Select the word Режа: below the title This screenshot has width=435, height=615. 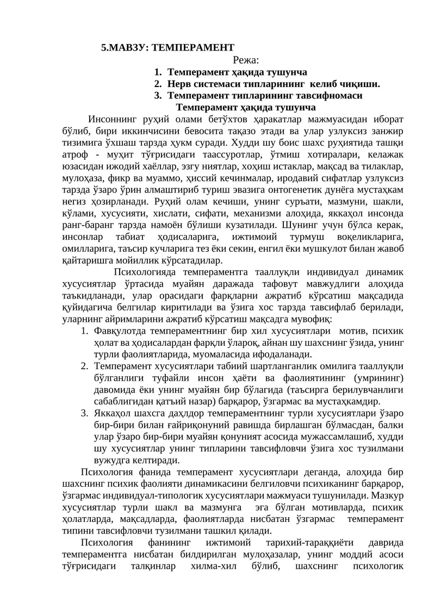pos(246,60)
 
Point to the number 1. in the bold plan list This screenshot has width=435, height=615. pos(158,72)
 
